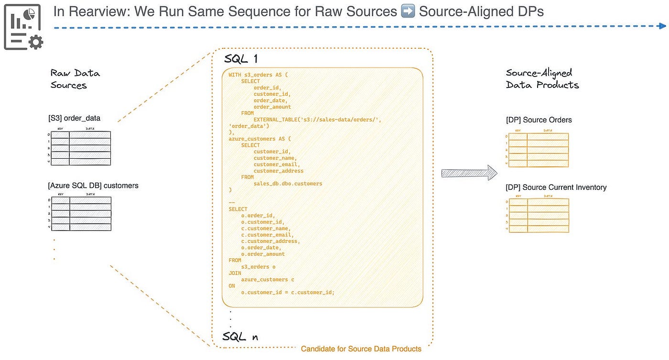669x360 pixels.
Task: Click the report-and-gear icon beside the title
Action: [x=23, y=27]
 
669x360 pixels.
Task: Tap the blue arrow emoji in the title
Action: [x=408, y=11]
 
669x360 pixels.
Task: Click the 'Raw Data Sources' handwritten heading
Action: [x=75, y=79]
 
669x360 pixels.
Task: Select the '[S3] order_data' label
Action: [x=74, y=118]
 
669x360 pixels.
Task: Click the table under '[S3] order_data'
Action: [x=81, y=148]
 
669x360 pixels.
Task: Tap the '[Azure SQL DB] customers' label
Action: [x=93, y=185]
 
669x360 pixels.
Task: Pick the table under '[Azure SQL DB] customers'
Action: [x=81, y=213]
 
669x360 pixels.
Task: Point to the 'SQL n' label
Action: [x=240, y=336]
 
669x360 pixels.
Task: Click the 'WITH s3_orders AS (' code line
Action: [x=258, y=75]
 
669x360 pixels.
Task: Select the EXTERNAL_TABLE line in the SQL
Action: [x=317, y=120]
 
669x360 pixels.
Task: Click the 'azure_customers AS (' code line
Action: [x=259, y=139]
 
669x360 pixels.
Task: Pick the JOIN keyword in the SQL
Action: [x=235, y=273]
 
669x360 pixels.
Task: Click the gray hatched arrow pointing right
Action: [x=469, y=173]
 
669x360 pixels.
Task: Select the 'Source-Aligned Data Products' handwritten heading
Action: [x=542, y=79]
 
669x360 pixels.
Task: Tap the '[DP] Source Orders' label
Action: [x=539, y=120]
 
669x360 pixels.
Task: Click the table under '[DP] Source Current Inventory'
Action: [x=539, y=215]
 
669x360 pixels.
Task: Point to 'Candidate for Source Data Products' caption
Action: [x=361, y=349]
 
